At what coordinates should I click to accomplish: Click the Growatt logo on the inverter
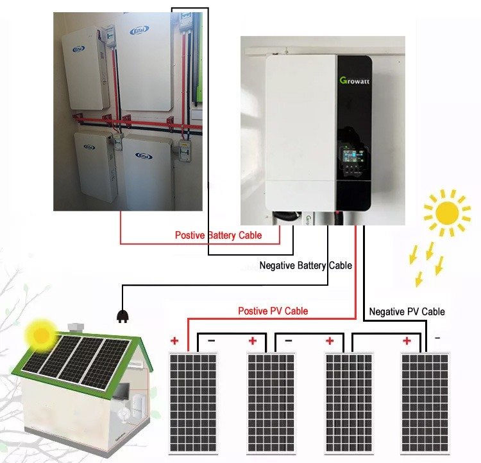pyautogui.click(x=354, y=81)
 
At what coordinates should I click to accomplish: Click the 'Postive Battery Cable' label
pyautogui.click(x=219, y=235)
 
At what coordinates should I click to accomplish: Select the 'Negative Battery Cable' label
pyautogui.click(x=305, y=265)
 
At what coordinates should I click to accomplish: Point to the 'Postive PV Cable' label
pyautogui.click(x=273, y=311)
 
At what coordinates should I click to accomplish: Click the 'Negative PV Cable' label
pyautogui.click(x=407, y=311)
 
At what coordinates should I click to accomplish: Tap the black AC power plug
pyautogui.click(x=123, y=316)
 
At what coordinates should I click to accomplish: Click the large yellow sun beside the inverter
pyautogui.click(x=447, y=213)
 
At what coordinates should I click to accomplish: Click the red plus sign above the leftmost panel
pyautogui.click(x=174, y=341)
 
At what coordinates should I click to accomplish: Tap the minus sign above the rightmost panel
pyautogui.click(x=437, y=338)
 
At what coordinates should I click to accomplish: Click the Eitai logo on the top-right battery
pyautogui.click(x=140, y=30)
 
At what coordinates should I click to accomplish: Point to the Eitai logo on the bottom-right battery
pyautogui.click(x=144, y=156)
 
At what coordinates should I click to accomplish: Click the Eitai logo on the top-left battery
pyautogui.click(x=78, y=49)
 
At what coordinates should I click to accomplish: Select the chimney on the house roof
pyautogui.click(x=76, y=328)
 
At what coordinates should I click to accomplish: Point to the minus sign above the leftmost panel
pyautogui.click(x=212, y=341)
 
